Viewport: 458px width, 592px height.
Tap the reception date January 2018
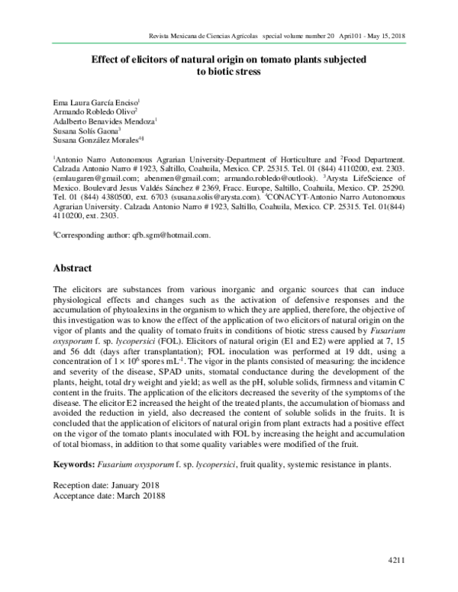coord(134,484)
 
